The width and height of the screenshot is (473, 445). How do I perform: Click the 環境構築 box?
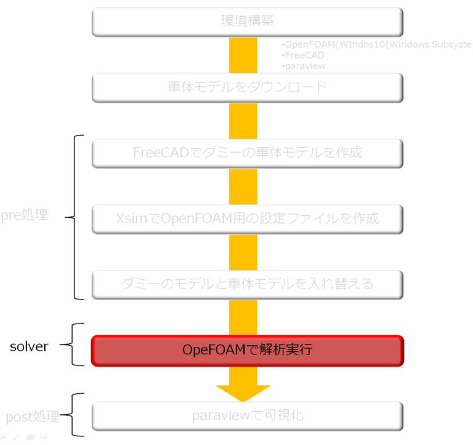click(x=247, y=22)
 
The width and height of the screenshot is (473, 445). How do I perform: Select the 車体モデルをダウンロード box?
click(x=247, y=88)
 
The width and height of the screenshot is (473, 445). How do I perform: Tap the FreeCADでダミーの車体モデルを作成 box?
click(x=247, y=153)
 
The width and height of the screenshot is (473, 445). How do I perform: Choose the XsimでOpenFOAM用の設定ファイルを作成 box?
click(x=247, y=219)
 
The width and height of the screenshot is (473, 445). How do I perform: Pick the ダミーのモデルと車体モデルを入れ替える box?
click(x=247, y=284)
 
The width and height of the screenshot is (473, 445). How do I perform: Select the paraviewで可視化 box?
click(x=247, y=416)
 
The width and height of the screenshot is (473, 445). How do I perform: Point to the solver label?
click(x=29, y=346)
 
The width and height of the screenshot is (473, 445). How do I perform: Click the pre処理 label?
click(x=24, y=216)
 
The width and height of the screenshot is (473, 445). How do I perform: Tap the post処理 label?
click(x=32, y=417)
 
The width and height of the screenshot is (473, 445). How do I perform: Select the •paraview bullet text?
click(x=304, y=66)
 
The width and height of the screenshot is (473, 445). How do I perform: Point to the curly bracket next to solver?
click(x=76, y=345)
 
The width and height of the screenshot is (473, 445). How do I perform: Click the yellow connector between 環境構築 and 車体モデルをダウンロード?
click(x=243, y=55)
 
